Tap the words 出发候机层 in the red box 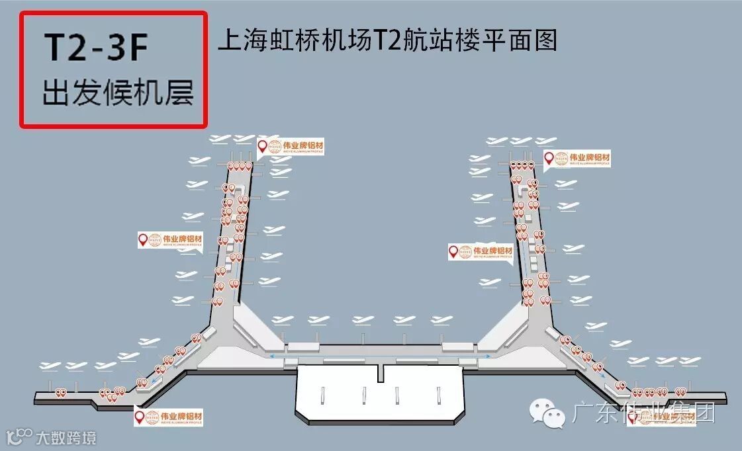[118, 93]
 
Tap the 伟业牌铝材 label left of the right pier [487, 251]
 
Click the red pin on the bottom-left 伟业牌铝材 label [140, 417]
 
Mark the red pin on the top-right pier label [549, 157]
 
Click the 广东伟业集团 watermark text [642, 415]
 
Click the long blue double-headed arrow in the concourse [381, 356]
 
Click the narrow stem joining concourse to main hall [380, 372]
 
